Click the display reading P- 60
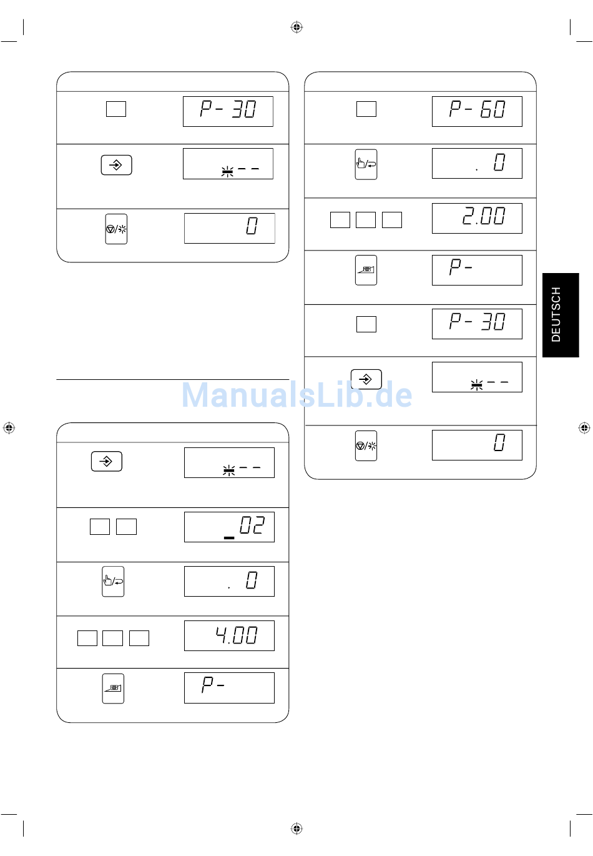pyautogui.click(x=477, y=111)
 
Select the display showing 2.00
pyautogui.click(x=477, y=218)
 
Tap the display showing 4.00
pyautogui.click(x=229, y=635)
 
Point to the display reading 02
pyautogui.click(x=229, y=527)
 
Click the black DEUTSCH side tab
pyautogui.click(x=561, y=315)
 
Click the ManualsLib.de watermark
pyautogui.click(x=296, y=394)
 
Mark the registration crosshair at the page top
pyautogui.click(x=296, y=27)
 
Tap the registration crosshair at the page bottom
pyautogui.click(x=296, y=829)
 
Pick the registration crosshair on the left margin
pyautogui.click(x=9, y=427)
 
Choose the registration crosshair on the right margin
pyautogui.click(x=584, y=427)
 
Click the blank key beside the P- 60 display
pyautogui.click(x=366, y=109)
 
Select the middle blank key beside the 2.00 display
pyautogui.click(x=366, y=220)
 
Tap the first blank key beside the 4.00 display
pyautogui.click(x=87, y=638)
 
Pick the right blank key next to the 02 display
pyautogui.click(x=126, y=527)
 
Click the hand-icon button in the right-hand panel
pyautogui.click(x=366, y=164)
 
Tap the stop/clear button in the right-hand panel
pyautogui.click(x=366, y=445)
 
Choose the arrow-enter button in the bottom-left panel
pyautogui.click(x=107, y=461)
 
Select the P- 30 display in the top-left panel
pyautogui.click(x=228, y=111)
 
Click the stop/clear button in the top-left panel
pyautogui.click(x=116, y=229)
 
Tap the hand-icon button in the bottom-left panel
pyautogui.click(x=113, y=581)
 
